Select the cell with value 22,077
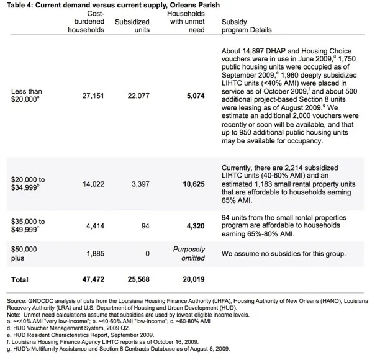click(138, 96)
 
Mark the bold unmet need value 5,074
click(194, 96)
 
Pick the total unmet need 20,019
click(192, 280)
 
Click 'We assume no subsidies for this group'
click(283, 253)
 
